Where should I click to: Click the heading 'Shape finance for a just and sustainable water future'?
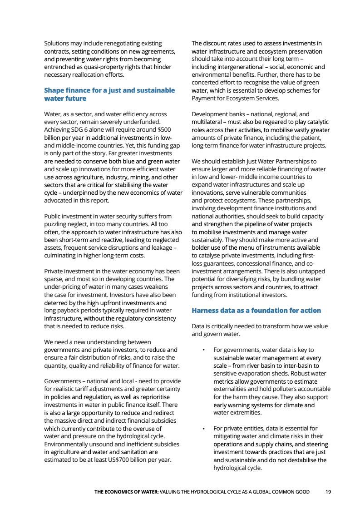[x=109, y=94]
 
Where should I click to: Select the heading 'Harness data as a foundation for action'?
[x=256, y=311]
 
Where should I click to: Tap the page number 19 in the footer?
[x=328, y=492]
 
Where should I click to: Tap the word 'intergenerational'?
[x=242, y=67]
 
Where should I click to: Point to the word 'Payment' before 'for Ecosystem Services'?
[x=204, y=98]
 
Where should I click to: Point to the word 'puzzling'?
[x=58, y=224]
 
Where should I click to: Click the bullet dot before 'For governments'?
[x=204, y=350]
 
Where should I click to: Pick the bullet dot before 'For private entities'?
[x=204, y=429]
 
